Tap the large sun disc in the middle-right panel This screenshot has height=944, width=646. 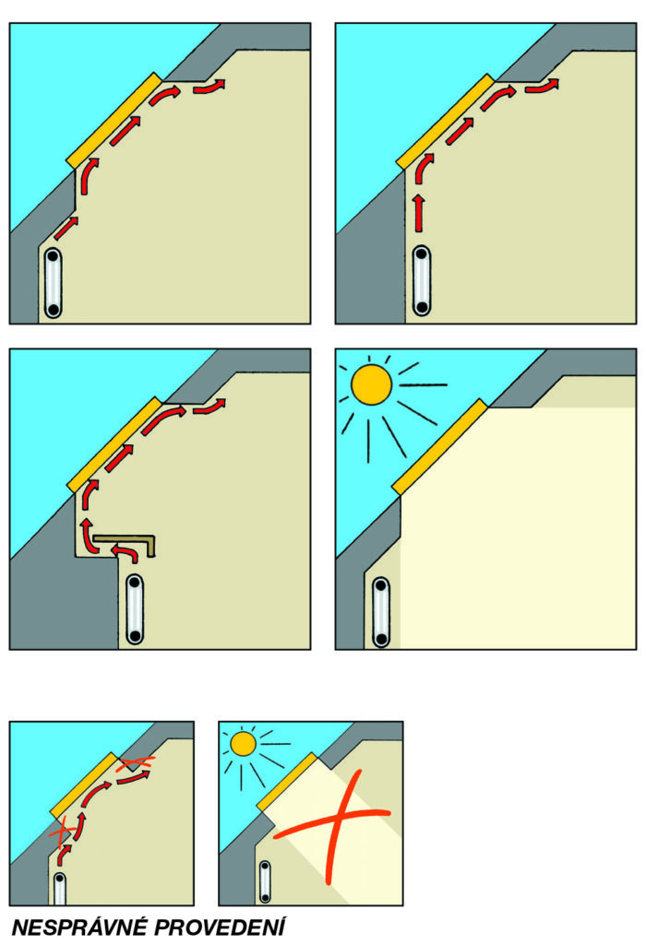point(371,384)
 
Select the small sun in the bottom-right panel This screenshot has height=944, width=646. point(244,744)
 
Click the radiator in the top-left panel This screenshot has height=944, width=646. point(53,282)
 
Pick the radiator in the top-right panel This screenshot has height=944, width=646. point(422,280)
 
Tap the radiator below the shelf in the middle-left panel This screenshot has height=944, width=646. point(135,608)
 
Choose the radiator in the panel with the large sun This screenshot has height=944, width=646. point(381,612)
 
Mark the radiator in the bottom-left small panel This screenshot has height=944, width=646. point(59,889)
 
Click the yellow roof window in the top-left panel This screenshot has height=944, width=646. point(114,121)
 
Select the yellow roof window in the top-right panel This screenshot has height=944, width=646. point(445,121)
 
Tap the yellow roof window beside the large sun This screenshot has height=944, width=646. point(439,447)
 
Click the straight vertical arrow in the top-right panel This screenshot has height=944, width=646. point(419,212)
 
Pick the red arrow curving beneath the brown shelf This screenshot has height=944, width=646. point(125,551)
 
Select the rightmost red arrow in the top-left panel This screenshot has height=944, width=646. point(209,87)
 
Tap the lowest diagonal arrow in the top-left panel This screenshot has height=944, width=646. point(66,229)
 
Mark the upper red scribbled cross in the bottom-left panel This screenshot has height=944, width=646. point(136,763)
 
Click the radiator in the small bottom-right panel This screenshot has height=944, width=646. point(265,881)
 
